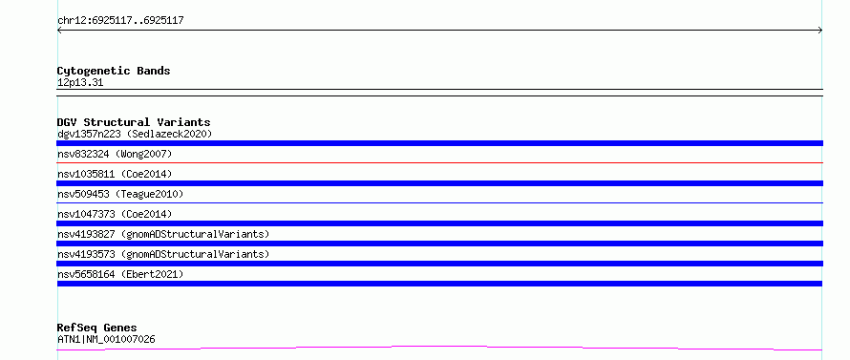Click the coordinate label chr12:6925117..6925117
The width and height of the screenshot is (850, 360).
[x=120, y=21]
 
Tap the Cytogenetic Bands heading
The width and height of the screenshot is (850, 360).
[x=114, y=71]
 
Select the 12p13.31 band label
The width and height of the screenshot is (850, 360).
[x=80, y=83]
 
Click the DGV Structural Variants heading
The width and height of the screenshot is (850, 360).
[x=134, y=122]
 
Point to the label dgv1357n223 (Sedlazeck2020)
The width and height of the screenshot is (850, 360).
[x=135, y=134]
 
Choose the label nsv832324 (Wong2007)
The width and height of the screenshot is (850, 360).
[x=115, y=154]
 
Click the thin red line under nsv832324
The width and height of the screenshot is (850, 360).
[x=439, y=162]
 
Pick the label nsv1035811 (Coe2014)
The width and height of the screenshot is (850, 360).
[x=115, y=174]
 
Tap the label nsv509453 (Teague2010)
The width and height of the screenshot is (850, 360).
[x=120, y=194]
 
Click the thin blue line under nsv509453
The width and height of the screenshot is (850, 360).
[x=439, y=202]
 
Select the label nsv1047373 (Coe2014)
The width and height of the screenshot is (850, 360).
[x=115, y=214]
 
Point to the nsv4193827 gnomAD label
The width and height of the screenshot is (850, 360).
[x=163, y=234]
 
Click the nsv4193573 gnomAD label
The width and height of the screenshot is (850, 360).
[x=163, y=254]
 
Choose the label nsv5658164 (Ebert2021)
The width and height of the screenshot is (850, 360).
[x=120, y=274]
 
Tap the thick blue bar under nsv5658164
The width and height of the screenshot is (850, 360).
[x=439, y=284]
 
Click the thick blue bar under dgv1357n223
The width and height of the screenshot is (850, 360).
[x=439, y=143]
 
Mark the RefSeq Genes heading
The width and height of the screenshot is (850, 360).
[x=96, y=328]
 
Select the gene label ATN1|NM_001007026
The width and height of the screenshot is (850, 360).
[x=106, y=340]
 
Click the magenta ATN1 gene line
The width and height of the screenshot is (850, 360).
[x=439, y=347]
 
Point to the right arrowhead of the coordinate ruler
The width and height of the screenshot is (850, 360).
[x=820, y=31]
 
